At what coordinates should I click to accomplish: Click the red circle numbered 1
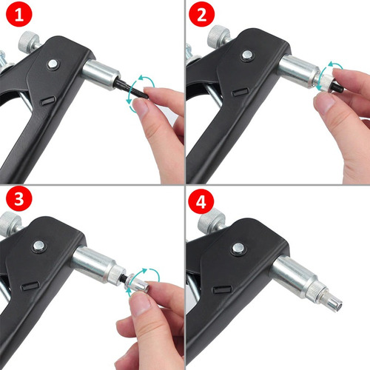[x=19, y=14]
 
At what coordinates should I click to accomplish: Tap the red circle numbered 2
[x=201, y=14]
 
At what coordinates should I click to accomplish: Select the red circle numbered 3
[x=19, y=198]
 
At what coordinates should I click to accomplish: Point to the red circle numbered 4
[x=201, y=202]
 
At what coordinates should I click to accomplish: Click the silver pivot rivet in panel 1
[x=53, y=64]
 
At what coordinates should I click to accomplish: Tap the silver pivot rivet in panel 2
[x=247, y=55]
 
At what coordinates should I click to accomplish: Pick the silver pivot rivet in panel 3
[x=38, y=246]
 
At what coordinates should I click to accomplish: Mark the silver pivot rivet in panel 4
[x=238, y=249]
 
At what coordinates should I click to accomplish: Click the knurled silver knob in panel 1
[x=29, y=41]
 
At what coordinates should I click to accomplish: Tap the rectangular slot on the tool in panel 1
[x=47, y=101]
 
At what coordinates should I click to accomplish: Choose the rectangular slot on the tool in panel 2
[x=240, y=92]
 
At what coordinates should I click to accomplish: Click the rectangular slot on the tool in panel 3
[x=30, y=286]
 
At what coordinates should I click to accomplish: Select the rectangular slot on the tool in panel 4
[x=222, y=289]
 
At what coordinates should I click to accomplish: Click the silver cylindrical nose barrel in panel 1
[x=101, y=74]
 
